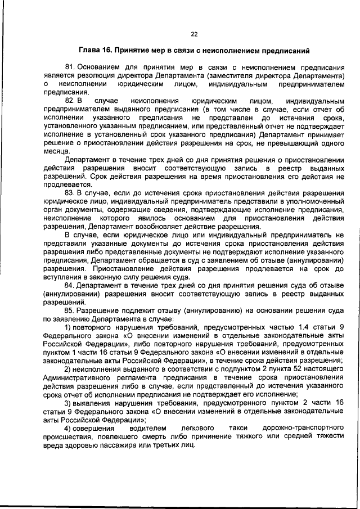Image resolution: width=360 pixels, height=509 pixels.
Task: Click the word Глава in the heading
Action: click(x=91, y=51)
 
